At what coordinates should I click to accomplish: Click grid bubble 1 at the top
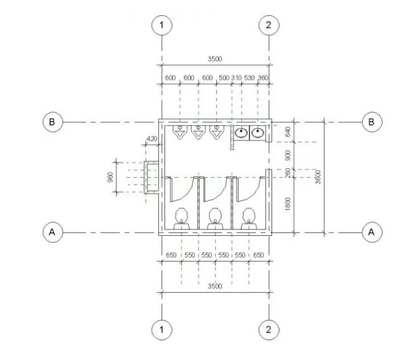[x=162, y=25]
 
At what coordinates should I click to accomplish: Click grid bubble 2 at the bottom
[x=269, y=330]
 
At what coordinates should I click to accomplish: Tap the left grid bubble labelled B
[x=53, y=122]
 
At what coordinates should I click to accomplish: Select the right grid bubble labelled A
[x=372, y=232]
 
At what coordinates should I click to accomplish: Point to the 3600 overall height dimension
[x=318, y=177]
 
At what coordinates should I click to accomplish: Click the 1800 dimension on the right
[x=287, y=204]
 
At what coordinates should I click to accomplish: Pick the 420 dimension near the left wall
[x=152, y=138]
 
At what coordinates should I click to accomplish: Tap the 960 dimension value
[x=110, y=177]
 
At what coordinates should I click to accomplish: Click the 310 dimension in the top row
[x=236, y=78]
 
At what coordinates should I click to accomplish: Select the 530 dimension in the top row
[x=249, y=78]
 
